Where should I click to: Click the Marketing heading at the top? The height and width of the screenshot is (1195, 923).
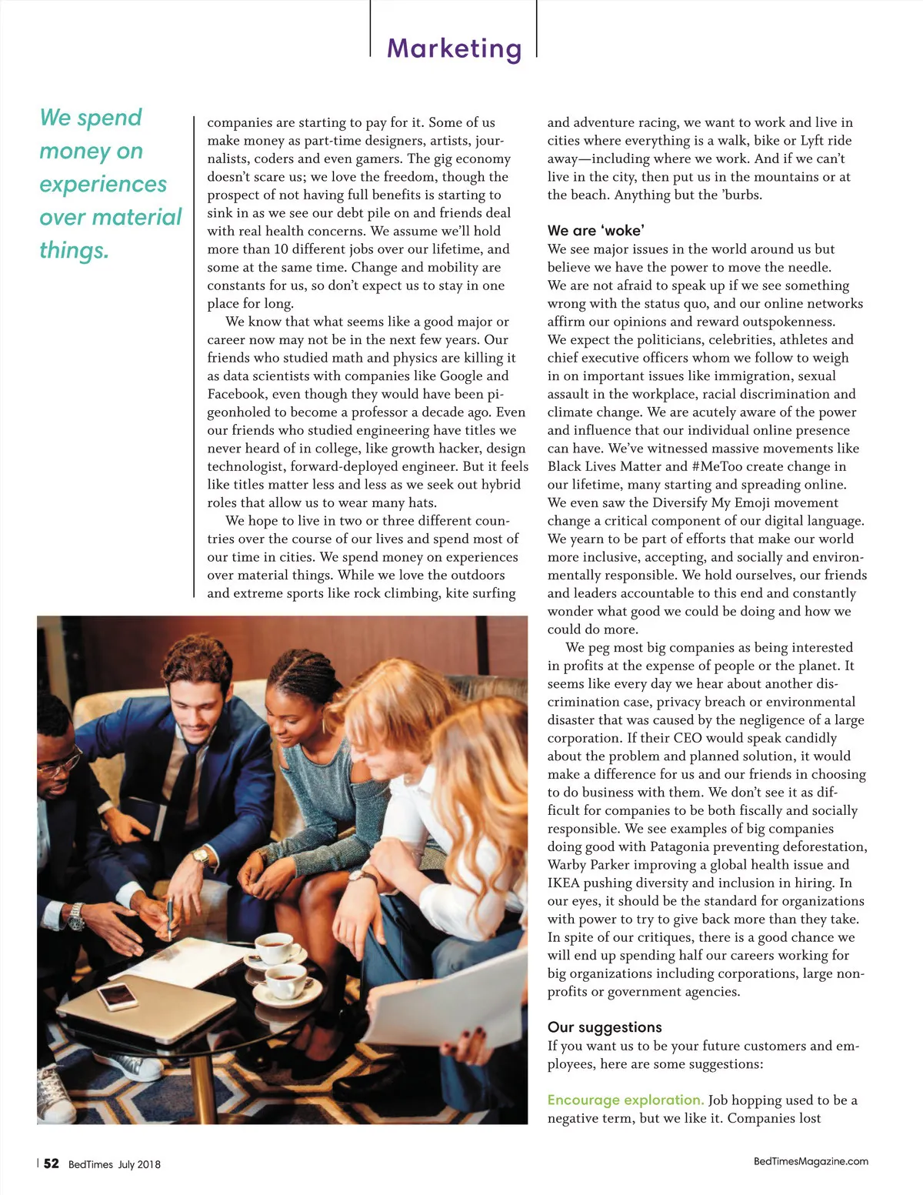click(x=454, y=48)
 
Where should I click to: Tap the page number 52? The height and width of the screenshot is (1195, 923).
click(x=51, y=1163)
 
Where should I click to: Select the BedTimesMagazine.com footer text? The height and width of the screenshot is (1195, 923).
click(x=811, y=1161)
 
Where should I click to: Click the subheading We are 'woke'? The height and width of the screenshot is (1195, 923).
click(x=595, y=230)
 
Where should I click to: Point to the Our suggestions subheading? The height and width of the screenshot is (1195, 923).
click(x=605, y=1027)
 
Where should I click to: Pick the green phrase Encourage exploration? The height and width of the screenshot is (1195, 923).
click(x=625, y=1100)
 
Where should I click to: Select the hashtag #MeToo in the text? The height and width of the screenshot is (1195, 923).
click(x=721, y=466)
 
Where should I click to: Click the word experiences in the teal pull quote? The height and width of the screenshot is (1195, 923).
click(x=103, y=185)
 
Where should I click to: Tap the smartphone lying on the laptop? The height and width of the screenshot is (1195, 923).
click(x=117, y=995)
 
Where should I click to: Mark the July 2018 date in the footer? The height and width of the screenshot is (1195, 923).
click(x=139, y=1164)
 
